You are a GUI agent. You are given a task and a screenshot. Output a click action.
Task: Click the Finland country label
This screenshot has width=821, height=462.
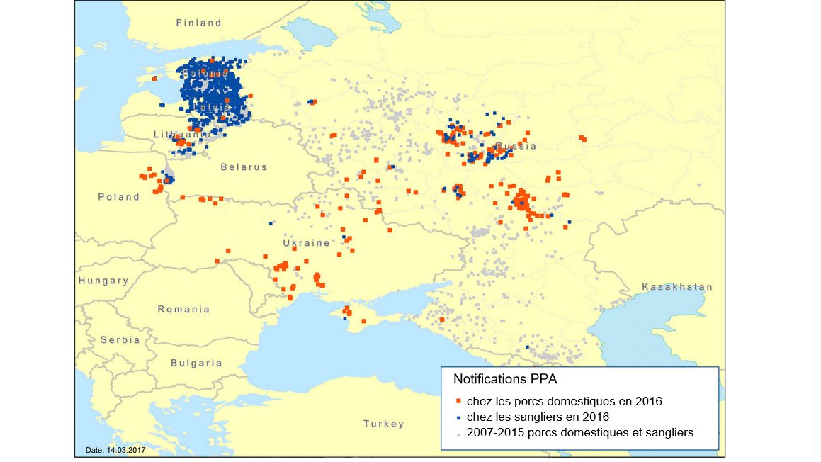click(x=199, y=23)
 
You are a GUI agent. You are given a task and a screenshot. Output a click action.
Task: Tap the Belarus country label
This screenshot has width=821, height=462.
click(x=244, y=167)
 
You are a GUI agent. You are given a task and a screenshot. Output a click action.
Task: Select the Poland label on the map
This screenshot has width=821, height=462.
click(x=118, y=197)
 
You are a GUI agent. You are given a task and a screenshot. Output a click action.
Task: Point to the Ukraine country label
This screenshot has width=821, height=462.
click(x=307, y=243)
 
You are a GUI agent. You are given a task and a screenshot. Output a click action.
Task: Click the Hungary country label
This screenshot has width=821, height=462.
click(x=103, y=281)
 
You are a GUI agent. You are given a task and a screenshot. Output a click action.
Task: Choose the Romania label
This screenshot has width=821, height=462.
click(x=183, y=309)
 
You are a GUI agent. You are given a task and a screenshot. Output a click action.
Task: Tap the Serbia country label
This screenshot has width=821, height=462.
click(x=120, y=339)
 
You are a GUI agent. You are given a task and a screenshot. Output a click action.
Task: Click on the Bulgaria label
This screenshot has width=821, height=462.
click(x=196, y=363)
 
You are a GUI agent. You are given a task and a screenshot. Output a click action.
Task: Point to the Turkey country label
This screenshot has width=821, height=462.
click(x=384, y=424)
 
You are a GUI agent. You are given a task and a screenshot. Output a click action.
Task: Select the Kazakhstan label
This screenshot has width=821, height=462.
click(x=677, y=287)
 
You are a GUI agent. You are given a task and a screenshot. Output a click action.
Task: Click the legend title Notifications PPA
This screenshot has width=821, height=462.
click(x=499, y=379)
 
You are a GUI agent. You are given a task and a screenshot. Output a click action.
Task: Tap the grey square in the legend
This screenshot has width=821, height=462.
click(x=459, y=433)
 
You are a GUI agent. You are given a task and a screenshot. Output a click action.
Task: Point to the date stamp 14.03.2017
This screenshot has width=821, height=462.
click(x=115, y=450)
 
